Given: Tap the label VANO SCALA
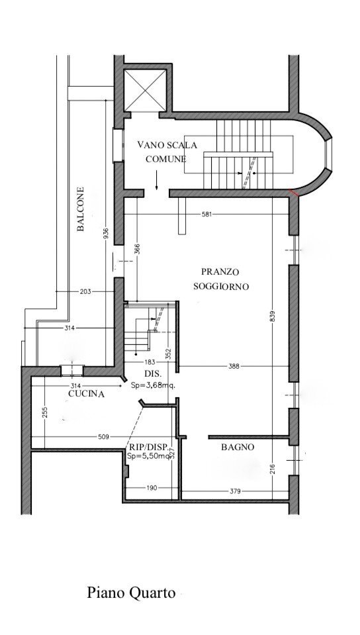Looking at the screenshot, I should tap(167, 144).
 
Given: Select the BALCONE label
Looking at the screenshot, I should tap(80, 210).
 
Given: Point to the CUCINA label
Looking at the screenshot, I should tap(86, 394).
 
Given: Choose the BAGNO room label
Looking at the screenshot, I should tap(238, 448).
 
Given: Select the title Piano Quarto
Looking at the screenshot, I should tap(131, 592).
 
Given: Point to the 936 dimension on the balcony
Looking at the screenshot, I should tap(106, 235).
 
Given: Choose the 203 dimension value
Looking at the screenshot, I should tap(85, 291).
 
